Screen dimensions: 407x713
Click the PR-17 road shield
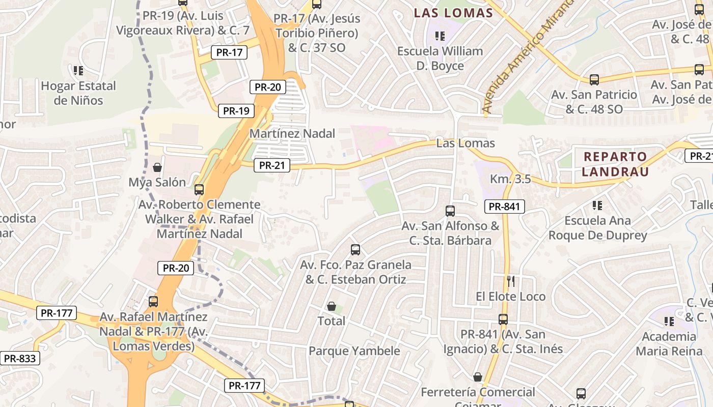tap(229, 52)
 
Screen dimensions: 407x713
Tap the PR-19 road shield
tap(236, 111)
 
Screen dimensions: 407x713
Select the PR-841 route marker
tap(504, 206)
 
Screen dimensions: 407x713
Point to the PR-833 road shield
tap(20, 359)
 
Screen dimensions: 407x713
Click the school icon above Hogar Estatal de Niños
tap(78, 70)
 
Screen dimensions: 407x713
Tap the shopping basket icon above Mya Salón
tap(157, 167)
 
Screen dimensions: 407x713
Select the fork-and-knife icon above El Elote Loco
tap(511, 281)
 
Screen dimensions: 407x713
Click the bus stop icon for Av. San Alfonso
tap(450, 211)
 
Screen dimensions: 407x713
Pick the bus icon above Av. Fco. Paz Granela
tap(355, 250)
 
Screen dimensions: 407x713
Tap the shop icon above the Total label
tap(332, 306)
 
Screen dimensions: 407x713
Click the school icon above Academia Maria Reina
tap(669, 321)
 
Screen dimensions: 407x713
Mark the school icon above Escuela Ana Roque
tap(597, 206)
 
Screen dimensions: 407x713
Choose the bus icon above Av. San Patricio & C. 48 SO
tap(594, 79)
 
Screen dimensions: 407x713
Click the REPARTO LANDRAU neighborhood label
tap(615, 164)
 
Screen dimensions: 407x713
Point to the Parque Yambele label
tap(354, 351)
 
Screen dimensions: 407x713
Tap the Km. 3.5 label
tap(510, 179)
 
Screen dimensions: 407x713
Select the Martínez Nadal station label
tap(292, 134)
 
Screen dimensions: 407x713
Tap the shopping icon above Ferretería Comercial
tap(478, 377)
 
